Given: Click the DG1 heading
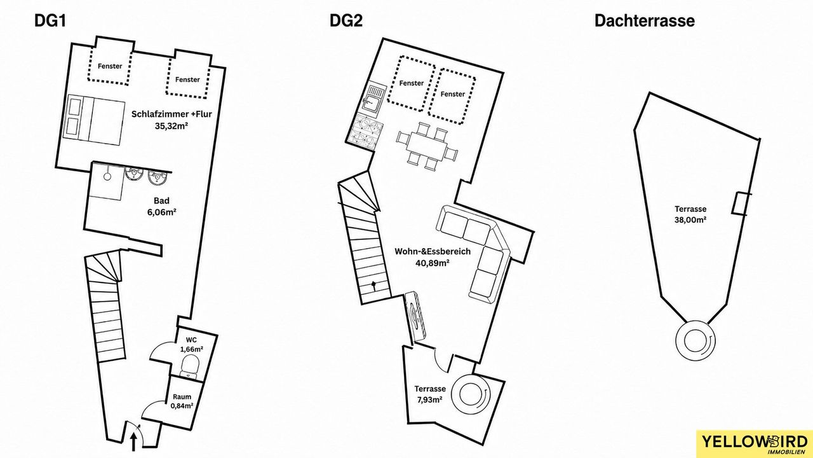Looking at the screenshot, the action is pos(50,21).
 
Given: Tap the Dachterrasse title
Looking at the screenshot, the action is pos(645,21).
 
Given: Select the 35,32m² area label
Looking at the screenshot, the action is pos(171,126).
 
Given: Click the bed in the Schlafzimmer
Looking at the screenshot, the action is pos(93,118).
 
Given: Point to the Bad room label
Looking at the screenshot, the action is pos(161,200).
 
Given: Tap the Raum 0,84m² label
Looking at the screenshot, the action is pos(182,401).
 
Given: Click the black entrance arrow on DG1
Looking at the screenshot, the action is pos(133,443).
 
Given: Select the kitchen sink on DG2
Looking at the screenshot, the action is pos(374,99).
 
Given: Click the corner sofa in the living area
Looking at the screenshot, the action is pos(473,253).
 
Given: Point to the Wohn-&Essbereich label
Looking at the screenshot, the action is pos(433,251).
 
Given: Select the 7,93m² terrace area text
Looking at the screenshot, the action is pos(430,400).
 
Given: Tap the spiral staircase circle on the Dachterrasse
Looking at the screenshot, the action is pos(695,340).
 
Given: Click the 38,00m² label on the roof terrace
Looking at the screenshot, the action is pos(690,219).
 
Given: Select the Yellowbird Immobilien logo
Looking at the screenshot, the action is pos(755,444).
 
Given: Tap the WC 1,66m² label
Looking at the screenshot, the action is pos(192,345).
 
